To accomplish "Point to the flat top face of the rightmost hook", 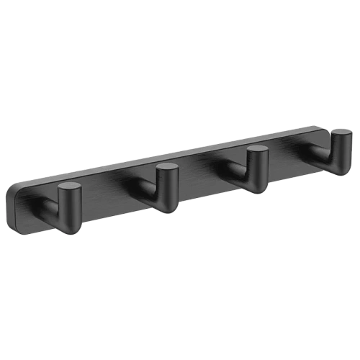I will pos(341,134).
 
